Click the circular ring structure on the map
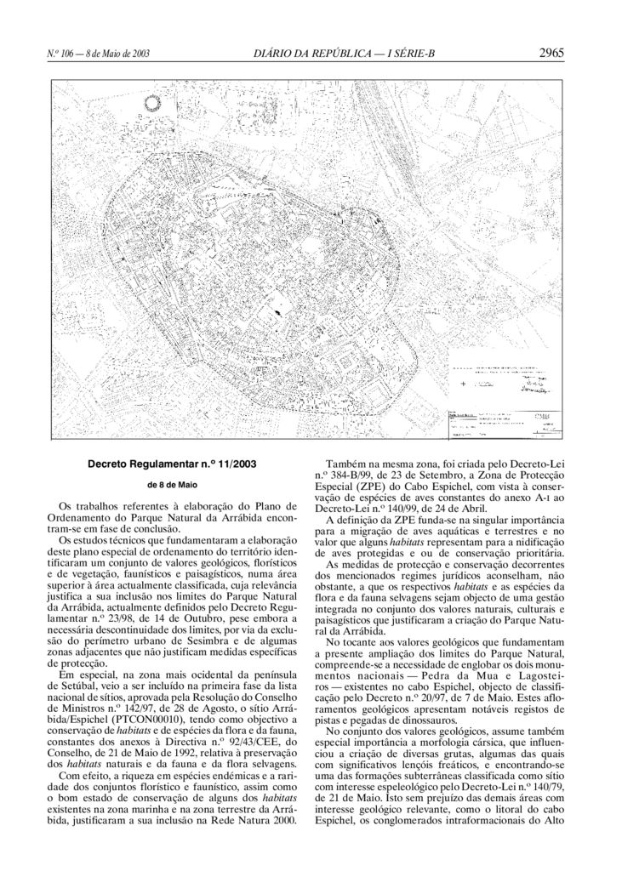pyautogui.click(x=153, y=105)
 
